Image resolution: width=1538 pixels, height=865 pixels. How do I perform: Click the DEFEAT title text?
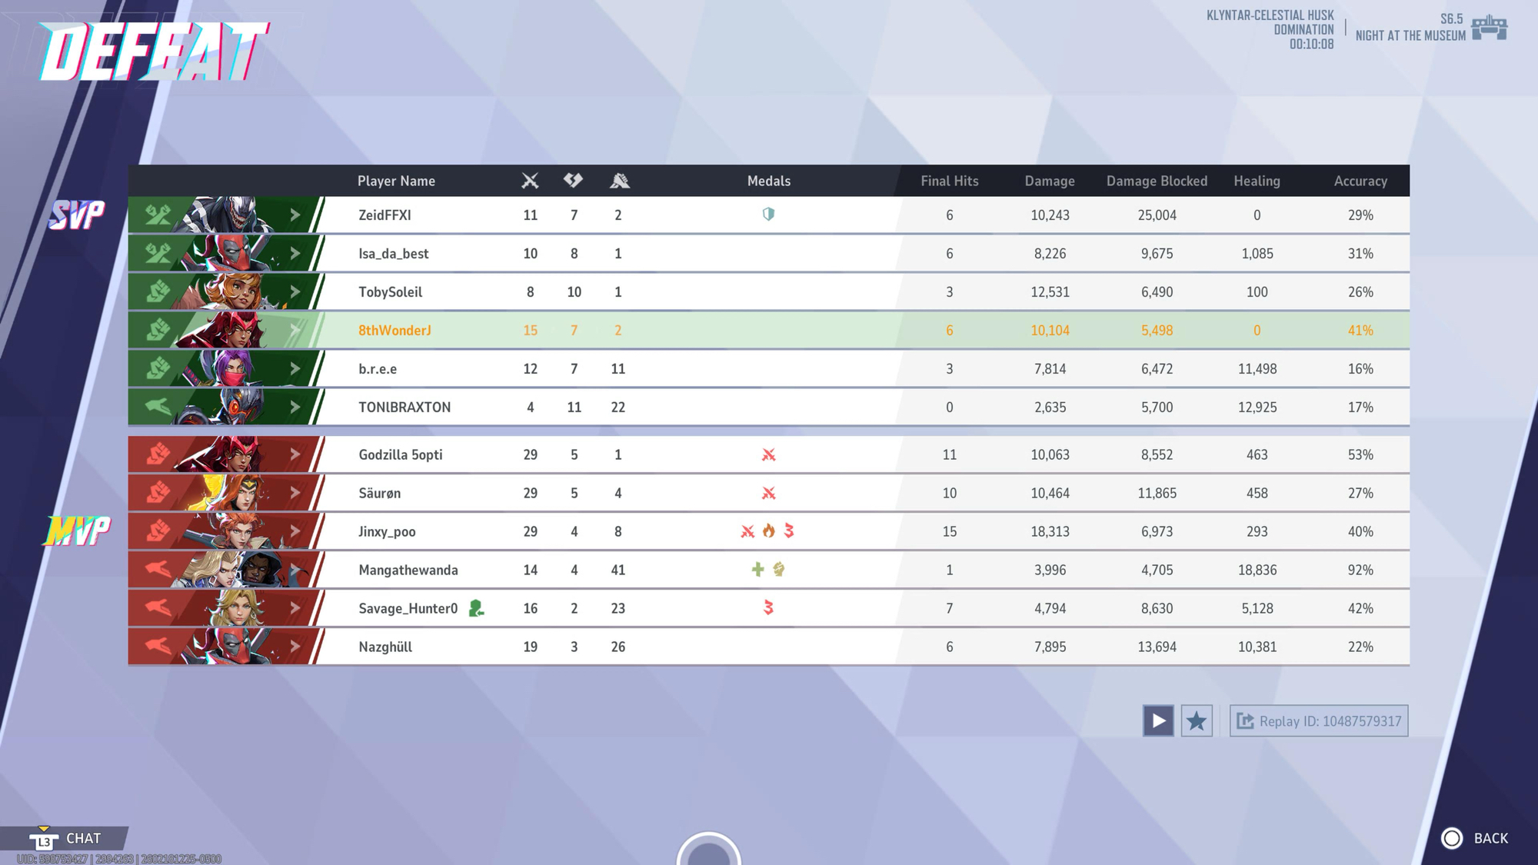pos(154,52)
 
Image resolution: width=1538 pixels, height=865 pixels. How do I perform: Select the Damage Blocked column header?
pos(1157,181)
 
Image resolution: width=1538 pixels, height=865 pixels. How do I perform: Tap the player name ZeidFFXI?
pos(384,215)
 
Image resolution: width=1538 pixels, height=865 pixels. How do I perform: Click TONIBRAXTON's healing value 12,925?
pos(1257,408)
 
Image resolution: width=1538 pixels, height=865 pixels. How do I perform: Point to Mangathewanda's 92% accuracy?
pos(1360,571)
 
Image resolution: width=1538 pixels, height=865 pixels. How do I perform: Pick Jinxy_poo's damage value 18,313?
pos(1050,532)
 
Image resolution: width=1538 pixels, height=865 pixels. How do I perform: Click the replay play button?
pos(1157,721)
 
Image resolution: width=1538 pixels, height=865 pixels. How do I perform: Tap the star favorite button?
pos(1197,721)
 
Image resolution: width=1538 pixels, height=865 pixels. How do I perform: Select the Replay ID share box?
pos(1319,721)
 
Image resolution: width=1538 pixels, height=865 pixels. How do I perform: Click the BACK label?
pos(1490,838)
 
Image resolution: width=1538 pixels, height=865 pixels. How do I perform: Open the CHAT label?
pos(83,838)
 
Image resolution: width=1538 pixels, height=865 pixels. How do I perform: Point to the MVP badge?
pos(77,531)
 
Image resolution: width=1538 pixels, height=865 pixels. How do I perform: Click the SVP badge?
pos(77,215)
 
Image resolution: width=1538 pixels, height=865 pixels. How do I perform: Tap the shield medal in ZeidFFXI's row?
pos(768,215)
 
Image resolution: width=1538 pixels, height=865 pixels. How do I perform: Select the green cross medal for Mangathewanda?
pos(757,570)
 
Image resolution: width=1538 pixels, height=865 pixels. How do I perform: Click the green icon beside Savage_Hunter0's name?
pos(476,609)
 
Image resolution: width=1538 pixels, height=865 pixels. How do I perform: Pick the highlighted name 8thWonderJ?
pos(394,331)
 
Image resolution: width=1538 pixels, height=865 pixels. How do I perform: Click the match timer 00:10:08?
pos(1311,45)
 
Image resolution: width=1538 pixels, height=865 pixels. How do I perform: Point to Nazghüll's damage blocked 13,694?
pos(1157,647)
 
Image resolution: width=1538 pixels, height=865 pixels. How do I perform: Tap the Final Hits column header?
pos(949,181)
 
